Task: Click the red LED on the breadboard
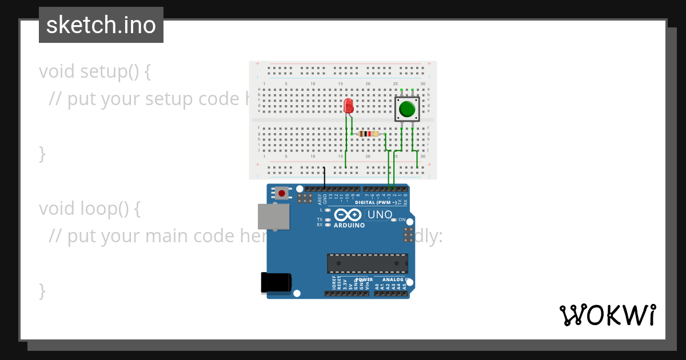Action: pos(349,106)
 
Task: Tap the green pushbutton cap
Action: pos(407,109)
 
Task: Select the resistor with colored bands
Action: pos(368,134)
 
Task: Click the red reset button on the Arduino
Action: pos(281,193)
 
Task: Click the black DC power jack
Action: pos(276,283)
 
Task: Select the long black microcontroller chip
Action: pos(368,263)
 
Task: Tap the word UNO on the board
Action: pos(379,215)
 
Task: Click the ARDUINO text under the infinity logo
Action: pos(349,225)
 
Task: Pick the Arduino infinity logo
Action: pos(348,215)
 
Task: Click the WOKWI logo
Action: pos(607,315)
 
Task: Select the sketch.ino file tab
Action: pos(101,25)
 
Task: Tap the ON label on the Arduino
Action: pos(402,219)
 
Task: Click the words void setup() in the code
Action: pos(95,71)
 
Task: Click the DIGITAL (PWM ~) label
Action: pos(375,202)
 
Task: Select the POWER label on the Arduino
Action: pos(364,280)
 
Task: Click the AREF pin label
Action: pos(320,198)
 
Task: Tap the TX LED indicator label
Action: pos(320,219)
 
